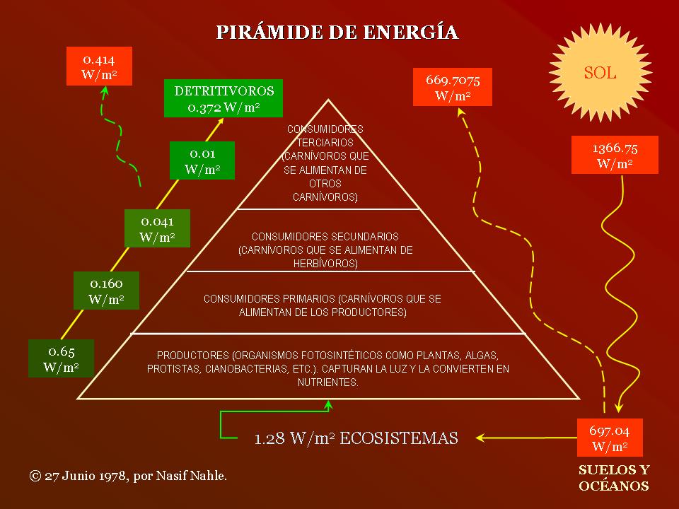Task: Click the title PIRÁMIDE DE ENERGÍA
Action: click(337, 33)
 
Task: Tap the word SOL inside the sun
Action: click(599, 73)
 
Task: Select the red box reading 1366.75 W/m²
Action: click(614, 156)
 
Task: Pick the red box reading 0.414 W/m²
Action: click(99, 67)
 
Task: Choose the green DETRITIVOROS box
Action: click(224, 98)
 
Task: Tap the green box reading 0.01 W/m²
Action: click(202, 160)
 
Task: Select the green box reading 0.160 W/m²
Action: click(106, 291)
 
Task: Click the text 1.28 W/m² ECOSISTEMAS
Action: click(356, 438)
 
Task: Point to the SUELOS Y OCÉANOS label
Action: click(614, 478)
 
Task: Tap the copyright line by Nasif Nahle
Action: click(128, 476)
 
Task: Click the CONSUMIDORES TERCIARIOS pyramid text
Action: click(325, 163)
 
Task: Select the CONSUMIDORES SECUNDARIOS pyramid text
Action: click(325, 250)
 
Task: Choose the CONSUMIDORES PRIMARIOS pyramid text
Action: click(322, 305)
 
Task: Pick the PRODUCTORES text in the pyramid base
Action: click(327, 368)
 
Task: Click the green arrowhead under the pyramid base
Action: click(328, 405)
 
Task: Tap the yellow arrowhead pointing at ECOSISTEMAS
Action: click(481, 438)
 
